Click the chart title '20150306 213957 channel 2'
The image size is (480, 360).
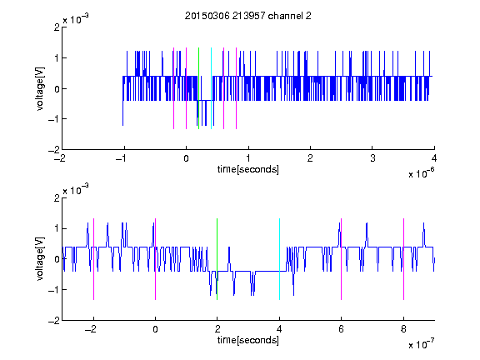click(248, 16)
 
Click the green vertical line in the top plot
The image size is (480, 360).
click(198, 88)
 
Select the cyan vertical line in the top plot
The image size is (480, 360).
click(211, 88)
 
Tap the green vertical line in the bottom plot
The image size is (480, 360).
click(217, 259)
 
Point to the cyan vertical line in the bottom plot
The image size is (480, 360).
click(279, 259)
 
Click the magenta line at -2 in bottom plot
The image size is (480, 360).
click(93, 259)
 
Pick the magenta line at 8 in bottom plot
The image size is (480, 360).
click(404, 259)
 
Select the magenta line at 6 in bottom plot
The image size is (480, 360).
click(342, 259)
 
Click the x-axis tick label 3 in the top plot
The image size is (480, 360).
click(372, 158)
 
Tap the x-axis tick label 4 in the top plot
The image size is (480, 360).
click(434, 158)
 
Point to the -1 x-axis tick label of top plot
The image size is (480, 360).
click(122, 158)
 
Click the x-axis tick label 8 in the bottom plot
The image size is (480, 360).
click(403, 329)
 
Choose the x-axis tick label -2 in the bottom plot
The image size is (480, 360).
click(91, 329)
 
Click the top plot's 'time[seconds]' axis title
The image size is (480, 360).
click(248, 169)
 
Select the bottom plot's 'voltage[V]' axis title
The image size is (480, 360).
click(40, 258)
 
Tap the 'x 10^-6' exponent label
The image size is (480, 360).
click(421, 173)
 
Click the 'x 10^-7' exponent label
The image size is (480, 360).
click(421, 344)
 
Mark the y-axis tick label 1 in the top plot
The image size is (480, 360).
click(57, 57)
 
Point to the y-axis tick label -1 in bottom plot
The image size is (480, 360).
click(53, 290)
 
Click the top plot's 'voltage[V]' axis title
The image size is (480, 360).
click(40, 88)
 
